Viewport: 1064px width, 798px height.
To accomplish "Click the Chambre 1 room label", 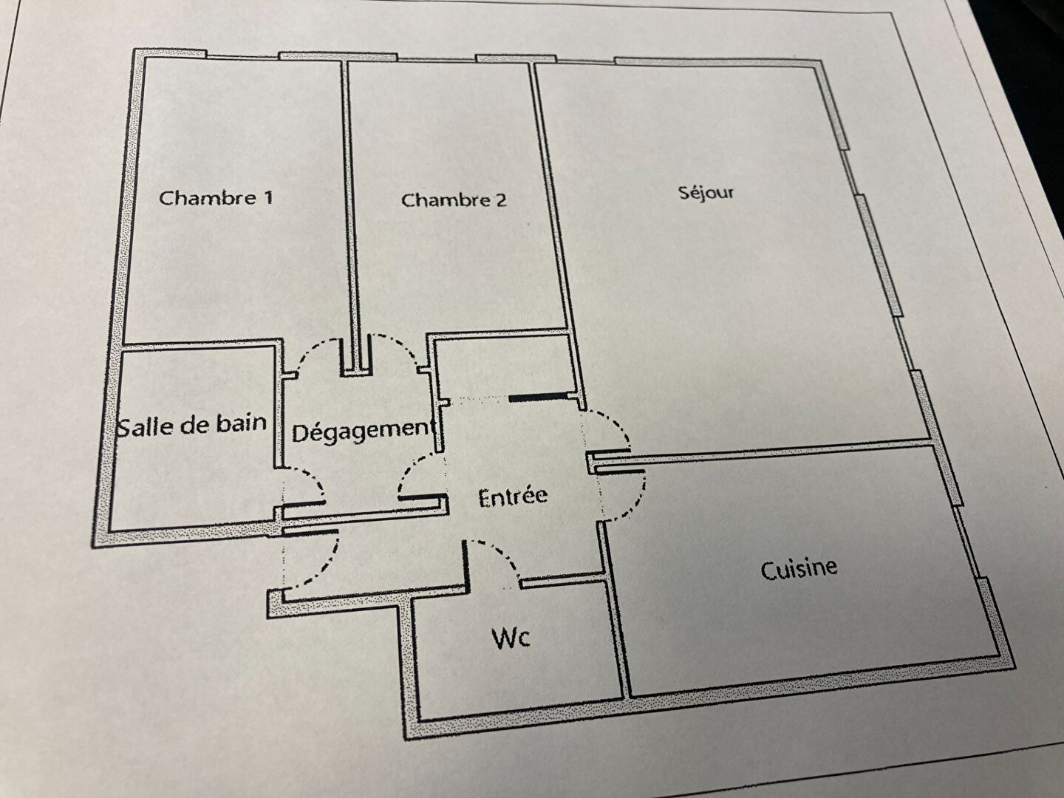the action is pyautogui.click(x=216, y=198).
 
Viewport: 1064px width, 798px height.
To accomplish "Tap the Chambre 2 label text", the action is pyautogui.click(x=454, y=200).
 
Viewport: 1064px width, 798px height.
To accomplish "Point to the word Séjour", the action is pyautogui.click(x=706, y=193).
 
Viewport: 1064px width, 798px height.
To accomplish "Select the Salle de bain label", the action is pyautogui.click(x=192, y=426).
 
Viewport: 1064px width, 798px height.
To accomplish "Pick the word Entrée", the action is pyautogui.click(x=513, y=497).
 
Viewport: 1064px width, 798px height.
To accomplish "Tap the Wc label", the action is pyautogui.click(x=511, y=638).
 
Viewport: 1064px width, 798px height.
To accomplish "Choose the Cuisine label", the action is pyautogui.click(x=799, y=570).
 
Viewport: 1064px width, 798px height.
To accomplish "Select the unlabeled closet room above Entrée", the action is pyautogui.click(x=504, y=366).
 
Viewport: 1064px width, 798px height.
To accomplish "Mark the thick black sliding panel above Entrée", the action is pyautogui.click(x=538, y=398).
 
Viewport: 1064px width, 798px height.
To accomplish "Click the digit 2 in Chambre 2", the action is pyautogui.click(x=501, y=200).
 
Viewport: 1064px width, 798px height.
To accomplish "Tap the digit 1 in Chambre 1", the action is pyautogui.click(x=268, y=198).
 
